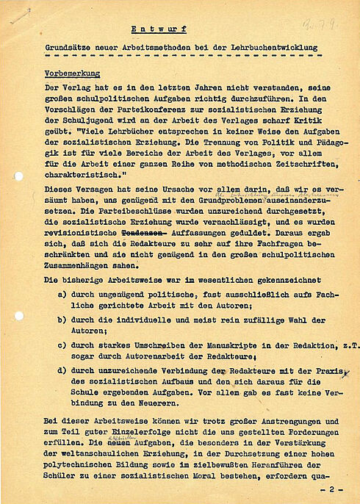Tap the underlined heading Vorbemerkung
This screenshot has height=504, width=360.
click(x=72, y=74)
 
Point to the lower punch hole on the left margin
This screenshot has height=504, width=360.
click(x=18, y=316)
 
